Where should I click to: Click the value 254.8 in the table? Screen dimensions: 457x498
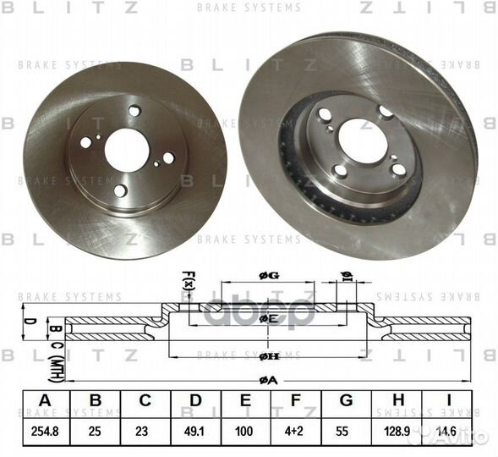[x=44, y=431]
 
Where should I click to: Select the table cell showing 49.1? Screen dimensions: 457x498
[x=195, y=431]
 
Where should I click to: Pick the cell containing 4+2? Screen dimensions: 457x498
[x=296, y=431]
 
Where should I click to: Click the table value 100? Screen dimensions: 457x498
[x=245, y=431]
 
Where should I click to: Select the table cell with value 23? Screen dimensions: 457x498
[x=145, y=431]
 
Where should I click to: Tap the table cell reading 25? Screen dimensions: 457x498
[x=95, y=431]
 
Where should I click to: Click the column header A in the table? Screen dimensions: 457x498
[x=44, y=401]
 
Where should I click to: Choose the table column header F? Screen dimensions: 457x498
[x=296, y=401]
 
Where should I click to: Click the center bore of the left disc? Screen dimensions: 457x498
[x=127, y=150]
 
